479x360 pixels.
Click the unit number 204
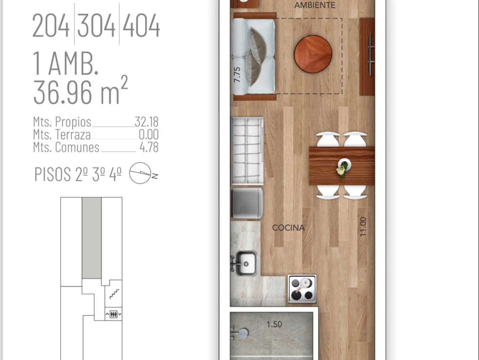pyautogui.click(x=51, y=25)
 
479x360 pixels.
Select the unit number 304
pyautogui.click(x=96, y=25)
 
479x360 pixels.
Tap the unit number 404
pyautogui.click(x=141, y=25)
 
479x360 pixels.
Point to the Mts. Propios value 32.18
pyautogui.click(x=146, y=122)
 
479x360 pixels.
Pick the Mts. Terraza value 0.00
pyautogui.click(x=149, y=134)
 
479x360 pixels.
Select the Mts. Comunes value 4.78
pyautogui.click(x=149, y=147)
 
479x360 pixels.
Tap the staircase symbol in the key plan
pyautogui.click(x=114, y=294)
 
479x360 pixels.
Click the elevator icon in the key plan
pyautogui.click(x=113, y=314)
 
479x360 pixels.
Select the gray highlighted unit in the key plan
pyautogui.click(x=92, y=238)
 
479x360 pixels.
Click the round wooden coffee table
pyautogui.click(x=313, y=54)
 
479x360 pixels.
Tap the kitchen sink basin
pyautogui.click(x=246, y=263)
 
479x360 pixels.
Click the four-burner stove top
pyautogui.click(x=302, y=289)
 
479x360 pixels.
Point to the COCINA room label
pyautogui.click(x=288, y=228)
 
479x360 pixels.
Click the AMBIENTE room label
pyautogui.click(x=315, y=5)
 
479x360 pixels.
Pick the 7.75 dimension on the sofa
pyautogui.click(x=237, y=75)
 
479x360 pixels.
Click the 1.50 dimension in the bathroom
pyautogui.click(x=274, y=324)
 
